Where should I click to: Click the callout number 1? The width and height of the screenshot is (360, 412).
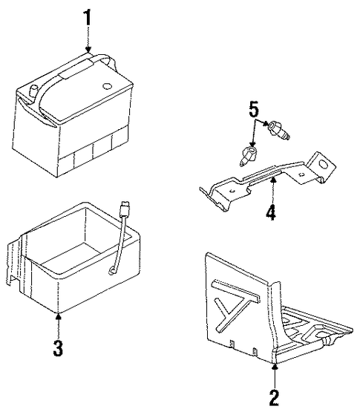88,18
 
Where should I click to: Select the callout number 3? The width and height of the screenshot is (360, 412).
58,347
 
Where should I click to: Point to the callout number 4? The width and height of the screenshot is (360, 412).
271,211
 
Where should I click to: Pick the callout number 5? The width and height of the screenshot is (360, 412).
254,109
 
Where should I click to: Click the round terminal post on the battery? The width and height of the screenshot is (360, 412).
33,92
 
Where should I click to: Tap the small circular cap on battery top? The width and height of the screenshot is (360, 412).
107,86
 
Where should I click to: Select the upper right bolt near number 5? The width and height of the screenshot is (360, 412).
279,130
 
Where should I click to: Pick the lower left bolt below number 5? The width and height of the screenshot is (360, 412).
248,156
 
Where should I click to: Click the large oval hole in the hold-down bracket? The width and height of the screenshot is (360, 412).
323,164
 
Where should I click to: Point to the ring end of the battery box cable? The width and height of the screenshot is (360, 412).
113,271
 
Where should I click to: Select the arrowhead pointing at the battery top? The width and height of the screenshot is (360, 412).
88,50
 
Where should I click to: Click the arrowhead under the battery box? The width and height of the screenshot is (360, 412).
59,316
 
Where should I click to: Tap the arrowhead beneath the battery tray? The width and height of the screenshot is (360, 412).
274,367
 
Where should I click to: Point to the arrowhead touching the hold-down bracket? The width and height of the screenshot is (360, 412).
273,180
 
